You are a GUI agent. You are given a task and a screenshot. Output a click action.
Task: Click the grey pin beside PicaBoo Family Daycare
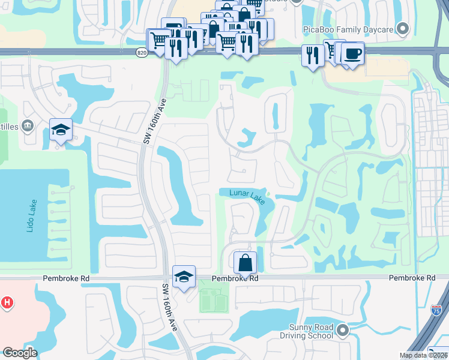click(x=403, y=28)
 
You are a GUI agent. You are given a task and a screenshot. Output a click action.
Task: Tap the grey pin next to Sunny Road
click(x=342, y=330)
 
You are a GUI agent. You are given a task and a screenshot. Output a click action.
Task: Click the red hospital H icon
click(x=7, y=303)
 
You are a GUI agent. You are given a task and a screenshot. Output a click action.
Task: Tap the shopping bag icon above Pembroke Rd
click(x=245, y=263)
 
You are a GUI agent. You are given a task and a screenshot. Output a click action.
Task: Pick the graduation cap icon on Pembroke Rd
click(x=184, y=276)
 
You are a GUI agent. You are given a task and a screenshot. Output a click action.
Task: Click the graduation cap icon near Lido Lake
click(x=61, y=130)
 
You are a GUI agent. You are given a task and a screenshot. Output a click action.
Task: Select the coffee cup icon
click(x=352, y=53)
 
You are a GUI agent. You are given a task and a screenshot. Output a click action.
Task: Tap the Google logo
click(x=20, y=353)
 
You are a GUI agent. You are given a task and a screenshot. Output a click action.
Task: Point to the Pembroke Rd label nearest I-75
click(x=412, y=278)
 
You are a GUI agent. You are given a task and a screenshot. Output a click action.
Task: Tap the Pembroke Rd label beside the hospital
click(x=66, y=278)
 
